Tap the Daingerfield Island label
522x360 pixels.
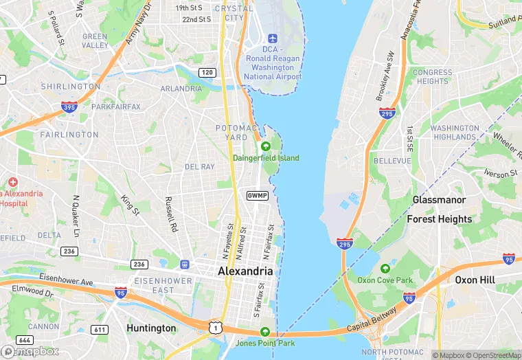(266, 158)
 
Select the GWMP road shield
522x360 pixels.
(257, 196)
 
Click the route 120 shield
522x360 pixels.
(207, 72)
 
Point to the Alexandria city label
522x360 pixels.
(245, 271)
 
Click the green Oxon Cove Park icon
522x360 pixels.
(385, 268)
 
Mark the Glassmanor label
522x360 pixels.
(439, 200)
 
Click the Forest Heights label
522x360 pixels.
(440, 219)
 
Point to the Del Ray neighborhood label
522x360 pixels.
(200, 167)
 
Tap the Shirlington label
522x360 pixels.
(70, 87)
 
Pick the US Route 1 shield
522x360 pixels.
(216, 327)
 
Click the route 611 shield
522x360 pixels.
(100, 330)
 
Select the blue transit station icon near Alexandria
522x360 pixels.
(184, 264)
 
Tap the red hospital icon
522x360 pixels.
(13, 183)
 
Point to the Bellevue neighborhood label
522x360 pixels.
(391, 160)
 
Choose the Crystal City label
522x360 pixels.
(234, 13)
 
